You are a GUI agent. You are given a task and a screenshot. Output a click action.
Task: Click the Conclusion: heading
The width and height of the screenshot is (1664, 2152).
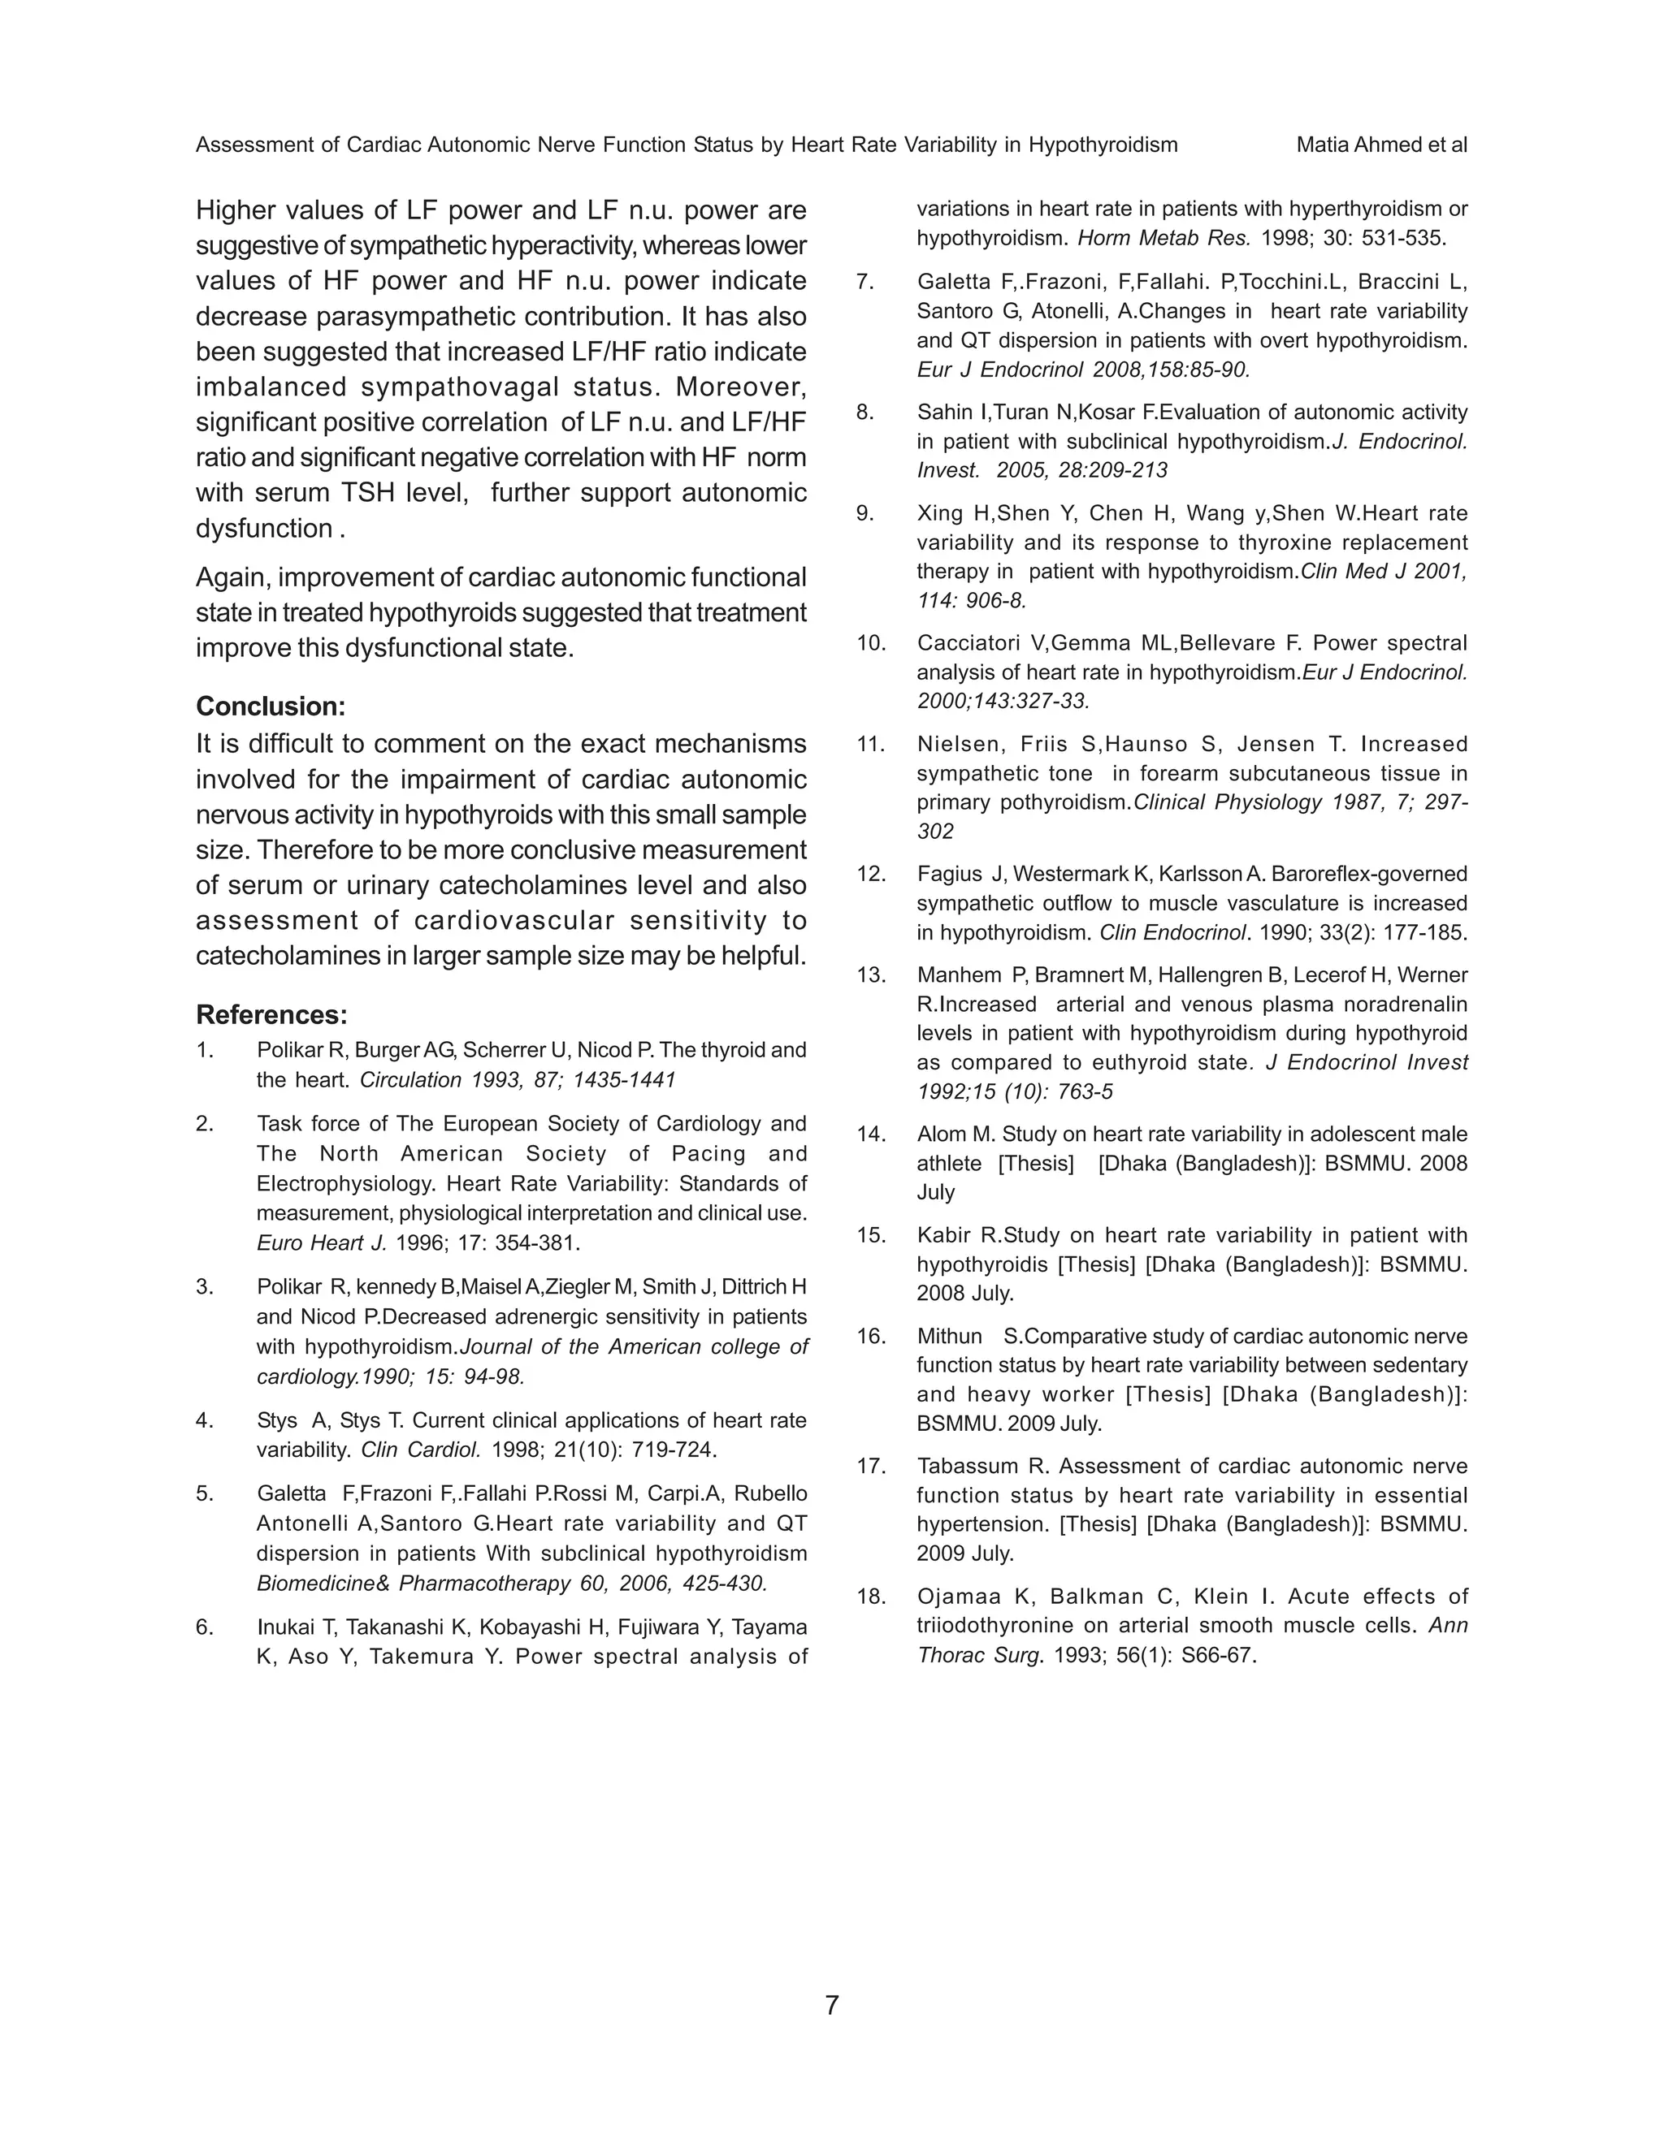click(x=270, y=707)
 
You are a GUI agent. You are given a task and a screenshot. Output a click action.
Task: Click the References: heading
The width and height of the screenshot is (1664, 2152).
click(x=271, y=1015)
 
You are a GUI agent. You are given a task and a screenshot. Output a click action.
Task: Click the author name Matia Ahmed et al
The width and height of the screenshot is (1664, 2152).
click(x=1381, y=145)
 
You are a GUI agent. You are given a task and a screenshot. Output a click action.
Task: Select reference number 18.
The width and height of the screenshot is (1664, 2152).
click(x=872, y=1597)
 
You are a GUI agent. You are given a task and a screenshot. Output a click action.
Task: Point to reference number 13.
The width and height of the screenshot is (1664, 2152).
click(x=872, y=975)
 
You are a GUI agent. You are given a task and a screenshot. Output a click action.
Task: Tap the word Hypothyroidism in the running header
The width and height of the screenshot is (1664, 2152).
click(x=1103, y=145)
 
